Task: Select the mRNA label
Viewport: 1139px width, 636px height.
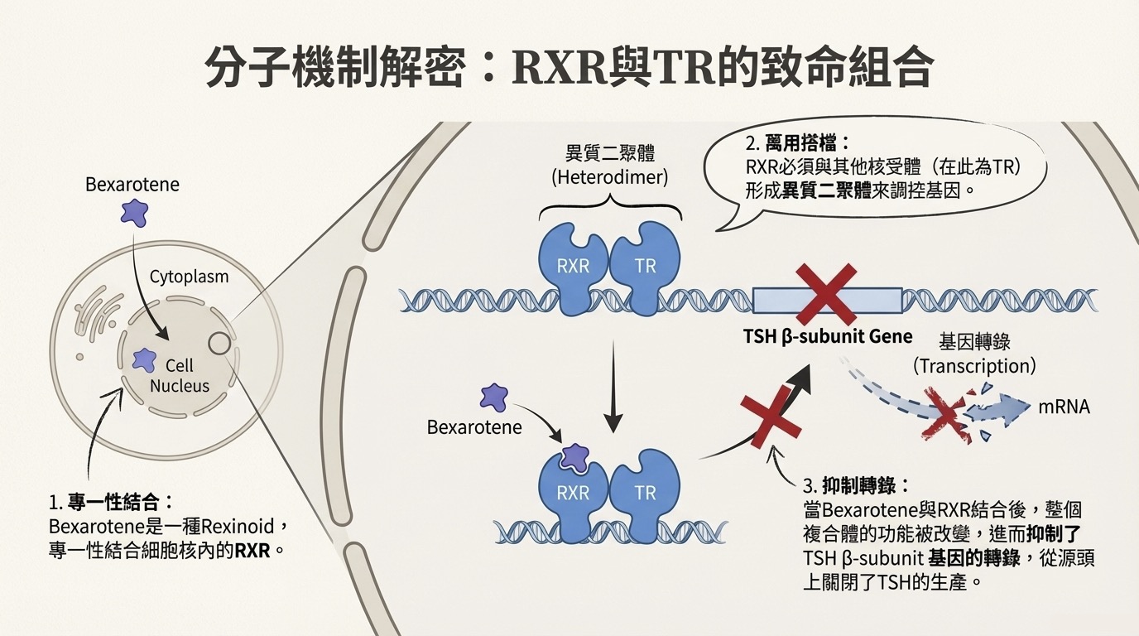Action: pos(1064,407)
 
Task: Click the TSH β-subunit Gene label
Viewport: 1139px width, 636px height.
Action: pos(829,336)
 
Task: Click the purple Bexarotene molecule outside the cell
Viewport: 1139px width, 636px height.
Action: pos(134,212)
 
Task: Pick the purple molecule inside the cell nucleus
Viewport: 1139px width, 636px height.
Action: pos(144,359)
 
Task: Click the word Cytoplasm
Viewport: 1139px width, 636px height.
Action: pos(189,277)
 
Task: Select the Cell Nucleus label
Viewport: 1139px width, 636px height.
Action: pos(180,375)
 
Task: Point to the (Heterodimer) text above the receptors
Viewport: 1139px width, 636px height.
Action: pos(610,176)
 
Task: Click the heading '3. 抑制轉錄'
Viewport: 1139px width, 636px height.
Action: pos(857,485)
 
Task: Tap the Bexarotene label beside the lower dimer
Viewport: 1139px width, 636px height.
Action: pos(474,427)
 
